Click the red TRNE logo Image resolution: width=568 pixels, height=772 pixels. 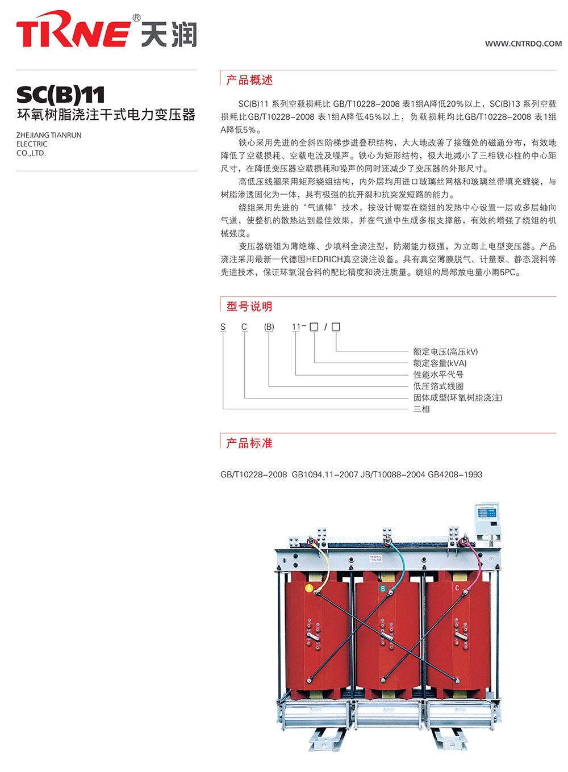pos(73,29)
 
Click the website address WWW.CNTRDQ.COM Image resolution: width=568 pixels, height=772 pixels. pos(523,44)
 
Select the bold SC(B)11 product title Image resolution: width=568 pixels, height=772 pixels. pos(60,95)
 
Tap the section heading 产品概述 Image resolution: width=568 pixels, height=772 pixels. pos(249,80)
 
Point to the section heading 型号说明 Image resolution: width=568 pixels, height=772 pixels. pos(249,306)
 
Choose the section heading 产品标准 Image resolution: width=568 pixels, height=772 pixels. pos(249,443)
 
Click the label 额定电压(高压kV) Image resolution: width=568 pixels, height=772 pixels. pos(445,351)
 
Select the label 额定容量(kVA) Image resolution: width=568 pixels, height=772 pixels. pos(440,363)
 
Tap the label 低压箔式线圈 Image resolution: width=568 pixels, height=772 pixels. pos(438,386)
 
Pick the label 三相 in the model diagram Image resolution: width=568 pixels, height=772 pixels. pos(421,409)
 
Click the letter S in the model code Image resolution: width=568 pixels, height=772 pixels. pos(223,326)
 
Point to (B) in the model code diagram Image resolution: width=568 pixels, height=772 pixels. pos(269,326)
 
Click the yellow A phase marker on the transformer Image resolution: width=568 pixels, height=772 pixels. pos(309,588)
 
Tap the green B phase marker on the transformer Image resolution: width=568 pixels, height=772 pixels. pos(382,588)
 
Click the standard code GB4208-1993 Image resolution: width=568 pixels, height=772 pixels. pos(455,475)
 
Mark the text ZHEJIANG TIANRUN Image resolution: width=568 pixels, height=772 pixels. pos(49,135)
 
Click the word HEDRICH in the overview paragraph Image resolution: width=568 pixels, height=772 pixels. pos(324,259)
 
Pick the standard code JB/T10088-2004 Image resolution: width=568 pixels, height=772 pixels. pos(392,475)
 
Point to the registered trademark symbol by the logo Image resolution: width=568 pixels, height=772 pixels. pos(136,18)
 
